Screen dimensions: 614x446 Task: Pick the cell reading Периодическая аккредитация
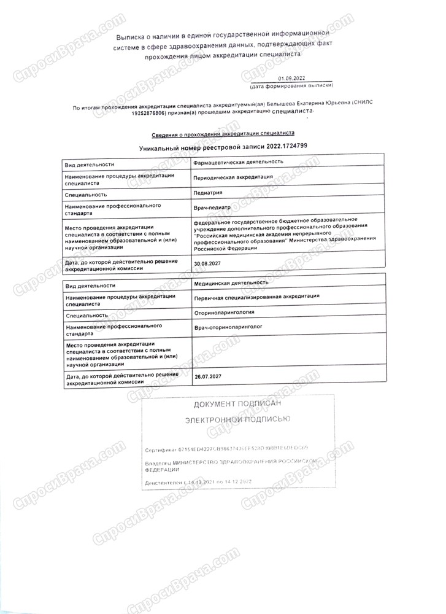pyautogui.click(x=233, y=177)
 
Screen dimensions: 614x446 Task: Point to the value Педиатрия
pyautogui.click(x=207, y=192)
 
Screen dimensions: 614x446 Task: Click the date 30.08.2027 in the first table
pyautogui.click(x=206, y=263)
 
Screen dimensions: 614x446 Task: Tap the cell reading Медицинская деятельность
pyautogui.click(x=231, y=283)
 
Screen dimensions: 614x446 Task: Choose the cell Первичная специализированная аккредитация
pyautogui.click(x=256, y=297)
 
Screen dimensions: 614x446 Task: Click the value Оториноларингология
pyautogui.click(x=224, y=313)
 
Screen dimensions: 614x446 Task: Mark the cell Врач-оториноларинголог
pyautogui.click(x=227, y=328)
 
